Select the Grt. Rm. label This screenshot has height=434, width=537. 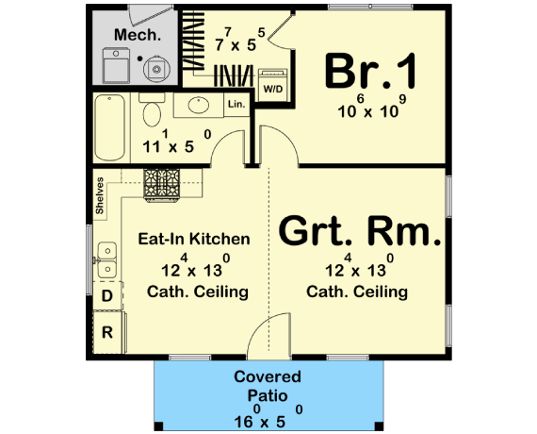[x=359, y=231]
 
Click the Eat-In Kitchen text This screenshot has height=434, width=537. [x=193, y=239]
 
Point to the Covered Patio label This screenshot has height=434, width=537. [x=268, y=386]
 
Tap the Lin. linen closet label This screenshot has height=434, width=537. [x=236, y=104]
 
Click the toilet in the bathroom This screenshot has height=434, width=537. [x=151, y=113]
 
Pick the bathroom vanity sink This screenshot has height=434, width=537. [x=198, y=105]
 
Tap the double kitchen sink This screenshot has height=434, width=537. [x=106, y=256]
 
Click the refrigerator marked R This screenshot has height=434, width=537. [x=106, y=331]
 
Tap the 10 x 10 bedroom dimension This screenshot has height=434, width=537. [x=370, y=109]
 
